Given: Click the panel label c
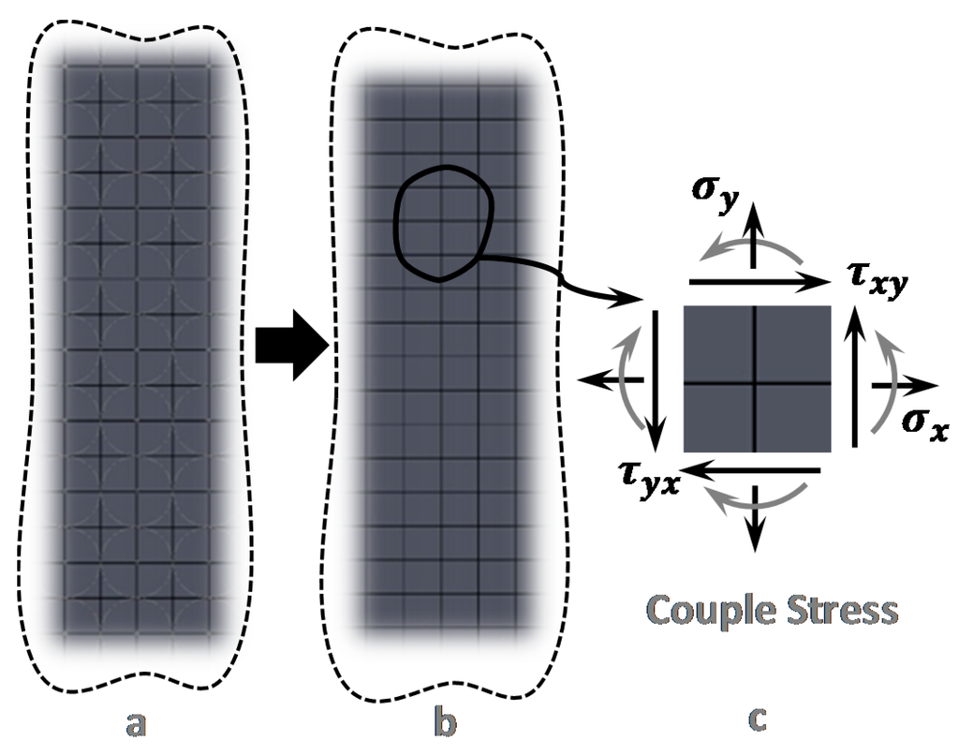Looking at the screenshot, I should click(758, 719).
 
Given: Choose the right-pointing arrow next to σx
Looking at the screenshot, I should click(905, 385).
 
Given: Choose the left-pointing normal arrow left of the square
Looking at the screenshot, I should click(610, 379).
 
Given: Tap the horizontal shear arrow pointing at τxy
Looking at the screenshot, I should click(759, 280).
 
